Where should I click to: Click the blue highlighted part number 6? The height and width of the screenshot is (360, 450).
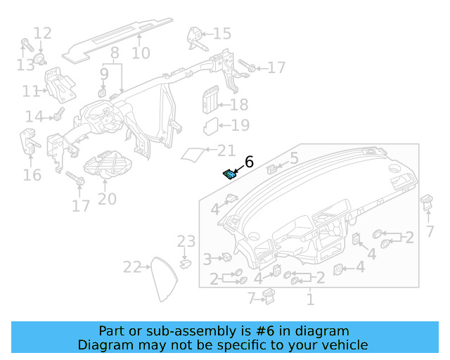pyautogui.click(x=230, y=174)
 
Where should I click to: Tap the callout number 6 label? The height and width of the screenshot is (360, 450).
pyautogui.click(x=247, y=162)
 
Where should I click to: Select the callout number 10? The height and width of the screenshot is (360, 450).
pyautogui.click(x=141, y=53)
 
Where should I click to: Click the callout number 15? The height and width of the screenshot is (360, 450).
pyautogui.click(x=221, y=33)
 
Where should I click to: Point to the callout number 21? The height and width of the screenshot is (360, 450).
pyautogui.click(x=226, y=150)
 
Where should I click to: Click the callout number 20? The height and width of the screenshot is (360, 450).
pyautogui.click(x=107, y=199)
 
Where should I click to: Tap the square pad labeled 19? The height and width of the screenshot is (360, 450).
pyautogui.click(x=211, y=127)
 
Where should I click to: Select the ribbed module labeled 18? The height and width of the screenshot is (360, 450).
pyautogui.click(x=210, y=101)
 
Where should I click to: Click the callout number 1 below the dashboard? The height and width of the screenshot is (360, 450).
pyautogui.click(x=309, y=300)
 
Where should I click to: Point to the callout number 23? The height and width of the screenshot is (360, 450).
pyautogui.click(x=186, y=242)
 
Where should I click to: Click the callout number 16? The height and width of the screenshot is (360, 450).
pyautogui.click(x=32, y=174)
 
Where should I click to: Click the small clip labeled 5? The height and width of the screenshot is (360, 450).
pyautogui.click(x=272, y=168)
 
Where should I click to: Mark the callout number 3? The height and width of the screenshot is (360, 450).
pyautogui.click(x=207, y=259)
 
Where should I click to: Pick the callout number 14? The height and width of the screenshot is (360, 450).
pyautogui.click(x=34, y=116)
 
